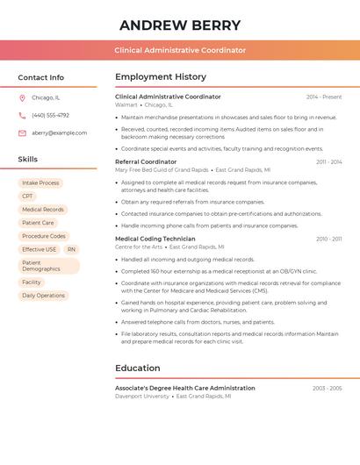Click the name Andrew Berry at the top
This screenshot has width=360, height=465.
180,25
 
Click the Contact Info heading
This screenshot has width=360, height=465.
40,77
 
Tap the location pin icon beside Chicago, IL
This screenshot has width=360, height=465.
22,98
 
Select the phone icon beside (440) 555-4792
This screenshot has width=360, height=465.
22,116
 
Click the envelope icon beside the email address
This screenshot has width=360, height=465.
22,133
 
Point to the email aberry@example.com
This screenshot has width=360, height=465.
59,133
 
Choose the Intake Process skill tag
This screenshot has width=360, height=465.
40,183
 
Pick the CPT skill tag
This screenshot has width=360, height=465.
27,197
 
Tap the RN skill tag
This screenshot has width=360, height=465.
71,250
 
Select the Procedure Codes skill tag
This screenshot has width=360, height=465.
43,236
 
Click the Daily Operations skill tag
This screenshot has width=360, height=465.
43,296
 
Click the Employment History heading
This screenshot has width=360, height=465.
160,77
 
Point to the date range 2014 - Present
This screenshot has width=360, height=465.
323,97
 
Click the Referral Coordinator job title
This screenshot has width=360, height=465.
146,162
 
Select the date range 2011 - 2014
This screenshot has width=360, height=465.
328,162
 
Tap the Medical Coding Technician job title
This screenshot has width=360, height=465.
155,239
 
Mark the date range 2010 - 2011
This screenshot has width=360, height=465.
328,239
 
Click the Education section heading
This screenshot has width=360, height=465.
137,368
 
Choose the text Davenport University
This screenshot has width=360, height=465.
142,397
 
